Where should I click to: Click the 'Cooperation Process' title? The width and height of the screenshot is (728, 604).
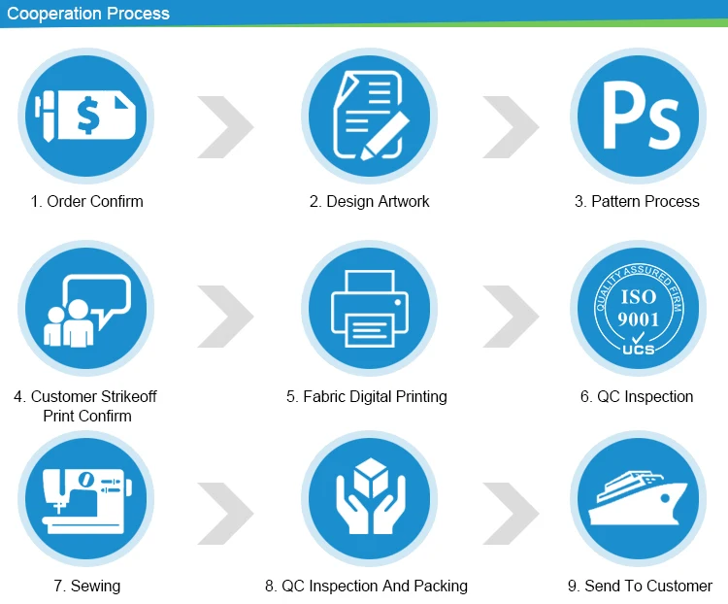88,14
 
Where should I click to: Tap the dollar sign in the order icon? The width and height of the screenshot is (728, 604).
88,117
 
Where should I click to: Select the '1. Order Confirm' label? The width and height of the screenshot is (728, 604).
86,202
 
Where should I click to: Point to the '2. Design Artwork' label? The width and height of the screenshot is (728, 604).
369,202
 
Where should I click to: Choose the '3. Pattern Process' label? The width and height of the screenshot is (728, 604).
637,202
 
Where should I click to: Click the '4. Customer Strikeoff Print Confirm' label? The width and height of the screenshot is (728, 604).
85,406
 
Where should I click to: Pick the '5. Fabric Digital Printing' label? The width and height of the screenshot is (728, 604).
367,396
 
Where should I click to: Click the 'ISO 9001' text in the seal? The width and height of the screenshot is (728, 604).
638,307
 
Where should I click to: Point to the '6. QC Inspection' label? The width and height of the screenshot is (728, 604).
637,396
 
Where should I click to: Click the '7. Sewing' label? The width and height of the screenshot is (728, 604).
87,586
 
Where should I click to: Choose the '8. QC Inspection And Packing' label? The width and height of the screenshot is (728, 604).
366,586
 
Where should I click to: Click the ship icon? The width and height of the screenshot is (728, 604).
639,501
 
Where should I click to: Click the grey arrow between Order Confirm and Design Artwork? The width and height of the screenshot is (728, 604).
225,126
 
